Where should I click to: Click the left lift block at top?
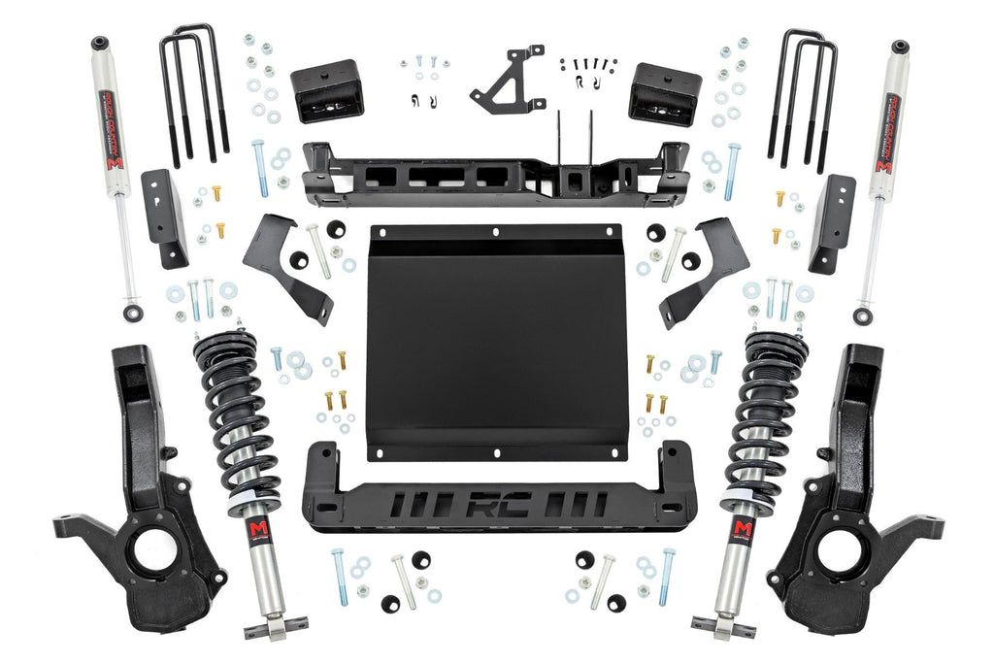coord(326,90)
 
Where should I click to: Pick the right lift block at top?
coord(665,93)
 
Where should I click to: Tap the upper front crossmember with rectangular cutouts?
coord(495,176)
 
